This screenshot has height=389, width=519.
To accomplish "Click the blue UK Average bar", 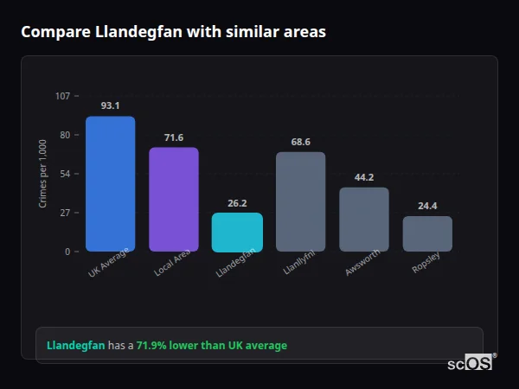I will [x=110, y=183].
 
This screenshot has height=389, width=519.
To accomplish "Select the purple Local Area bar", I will [x=174, y=199].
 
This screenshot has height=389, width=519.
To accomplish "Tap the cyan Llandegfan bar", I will [x=237, y=232].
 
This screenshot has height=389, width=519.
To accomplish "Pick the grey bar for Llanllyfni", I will [x=300, y=201].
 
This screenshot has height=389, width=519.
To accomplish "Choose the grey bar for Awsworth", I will [x=364, y=219].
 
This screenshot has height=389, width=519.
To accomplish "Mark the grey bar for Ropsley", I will [x=427, y=233].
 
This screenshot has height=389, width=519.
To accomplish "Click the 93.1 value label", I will [x=110, y=105].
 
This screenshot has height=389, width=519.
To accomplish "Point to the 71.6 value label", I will [x=174, y=137].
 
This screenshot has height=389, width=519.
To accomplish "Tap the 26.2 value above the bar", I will [x=237, y=203].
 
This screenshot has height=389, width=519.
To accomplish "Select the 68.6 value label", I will [x=300, y=142].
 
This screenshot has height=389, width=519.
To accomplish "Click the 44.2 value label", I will [x=364, y=177].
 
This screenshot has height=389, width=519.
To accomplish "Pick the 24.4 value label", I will [x=427, y=206].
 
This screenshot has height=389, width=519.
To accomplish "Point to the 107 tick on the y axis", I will [x=62, y=96].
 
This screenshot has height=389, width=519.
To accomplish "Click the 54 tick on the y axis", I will [x=65, y=174].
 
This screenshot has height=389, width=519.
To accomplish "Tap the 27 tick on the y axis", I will [x=65, y=213].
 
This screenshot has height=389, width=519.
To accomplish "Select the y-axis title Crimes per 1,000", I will [x=43, y=174].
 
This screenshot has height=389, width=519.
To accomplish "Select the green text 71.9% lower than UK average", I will [x=211, y=346].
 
